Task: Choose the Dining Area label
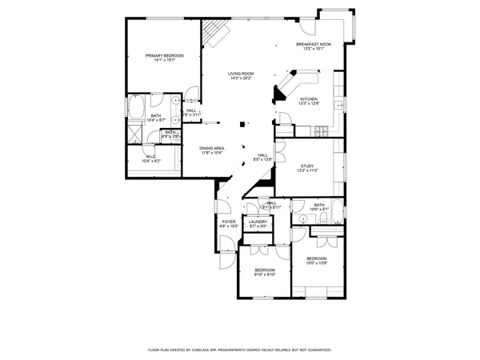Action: point(212,150)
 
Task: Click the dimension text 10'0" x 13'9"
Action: point(317,263)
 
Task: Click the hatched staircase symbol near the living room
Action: point(214,34)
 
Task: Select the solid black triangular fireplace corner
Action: point(278,95)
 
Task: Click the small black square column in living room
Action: point(245,124)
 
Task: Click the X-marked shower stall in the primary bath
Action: point(134,134)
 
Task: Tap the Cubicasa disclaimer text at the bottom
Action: point(240,350)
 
